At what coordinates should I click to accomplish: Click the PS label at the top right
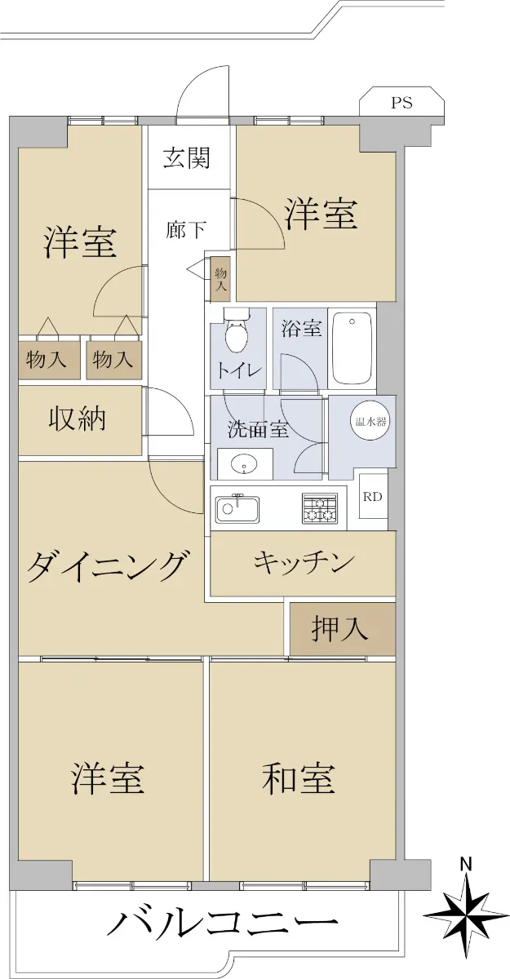401,103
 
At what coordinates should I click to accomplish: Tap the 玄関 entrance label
187,157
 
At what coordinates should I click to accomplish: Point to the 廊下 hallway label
186,229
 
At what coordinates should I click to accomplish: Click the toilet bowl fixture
236,330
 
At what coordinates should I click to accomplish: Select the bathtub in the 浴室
353,348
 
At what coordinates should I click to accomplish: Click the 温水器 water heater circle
370,423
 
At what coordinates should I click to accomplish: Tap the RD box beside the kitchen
373,497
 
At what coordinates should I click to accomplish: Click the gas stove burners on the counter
319,508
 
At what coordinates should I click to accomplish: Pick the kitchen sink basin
237,509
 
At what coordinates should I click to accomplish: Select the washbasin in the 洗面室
244,464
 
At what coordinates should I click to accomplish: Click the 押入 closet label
339,629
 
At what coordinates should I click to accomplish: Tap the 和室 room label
299,779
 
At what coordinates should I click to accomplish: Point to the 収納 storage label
77,419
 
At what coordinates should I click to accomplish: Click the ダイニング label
109,566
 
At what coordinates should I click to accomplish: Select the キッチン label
304,563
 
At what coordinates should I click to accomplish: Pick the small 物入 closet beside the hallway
220,279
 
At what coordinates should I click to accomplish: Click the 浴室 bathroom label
302,328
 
